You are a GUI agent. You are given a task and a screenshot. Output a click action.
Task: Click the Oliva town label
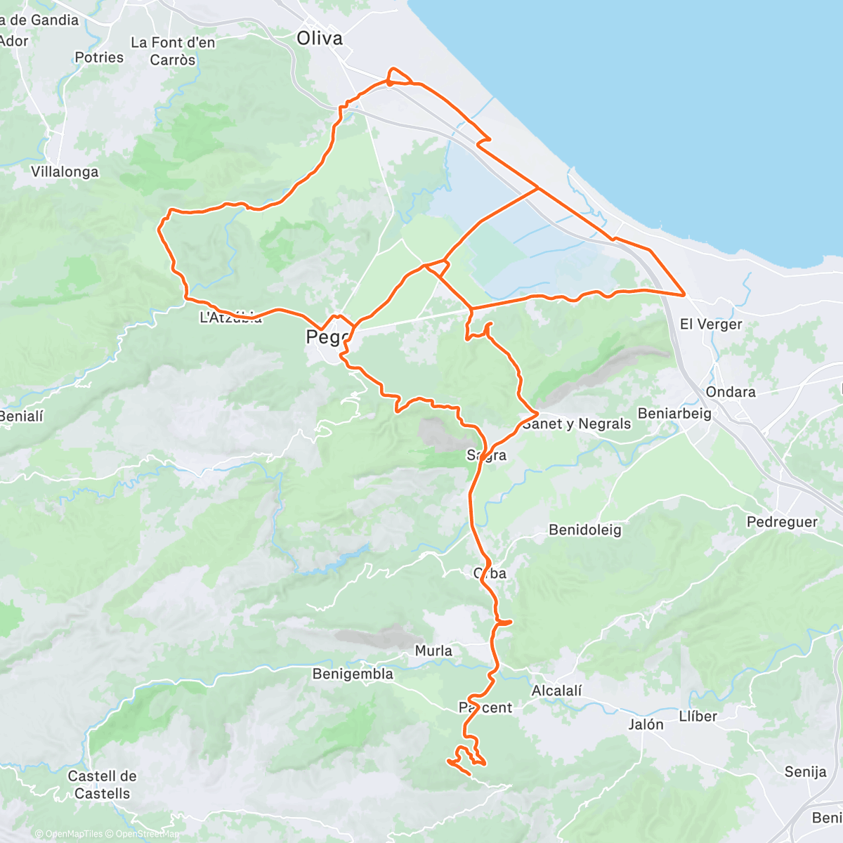[320, 39]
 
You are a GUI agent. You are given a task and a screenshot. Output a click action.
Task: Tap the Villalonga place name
[65, 172]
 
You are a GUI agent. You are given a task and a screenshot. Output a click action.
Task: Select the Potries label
[99, 58]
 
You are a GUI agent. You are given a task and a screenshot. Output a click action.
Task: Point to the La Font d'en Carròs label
[173, 51]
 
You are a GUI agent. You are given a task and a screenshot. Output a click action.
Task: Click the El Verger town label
[711, 325]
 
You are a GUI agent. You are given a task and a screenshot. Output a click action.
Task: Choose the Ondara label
[731, 392]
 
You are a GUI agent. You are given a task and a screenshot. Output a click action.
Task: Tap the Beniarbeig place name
[674, 414]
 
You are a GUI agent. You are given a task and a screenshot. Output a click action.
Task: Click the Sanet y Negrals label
[577, 424]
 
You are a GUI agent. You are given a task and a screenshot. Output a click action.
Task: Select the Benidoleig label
[585, 530]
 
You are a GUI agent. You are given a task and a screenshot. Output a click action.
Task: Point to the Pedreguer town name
[782, 522]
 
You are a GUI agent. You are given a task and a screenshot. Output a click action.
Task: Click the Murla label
[433, 651]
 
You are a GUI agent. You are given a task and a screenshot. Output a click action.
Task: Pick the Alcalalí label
[556, 691]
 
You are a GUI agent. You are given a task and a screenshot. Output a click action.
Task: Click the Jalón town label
[646, 725]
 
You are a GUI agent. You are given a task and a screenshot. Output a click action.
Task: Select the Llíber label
[698, 717]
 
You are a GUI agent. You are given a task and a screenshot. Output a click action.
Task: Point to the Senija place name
[805, 772]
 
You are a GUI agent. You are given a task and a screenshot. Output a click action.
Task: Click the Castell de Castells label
[103, 785]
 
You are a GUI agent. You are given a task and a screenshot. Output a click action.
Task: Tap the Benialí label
[21, 417]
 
